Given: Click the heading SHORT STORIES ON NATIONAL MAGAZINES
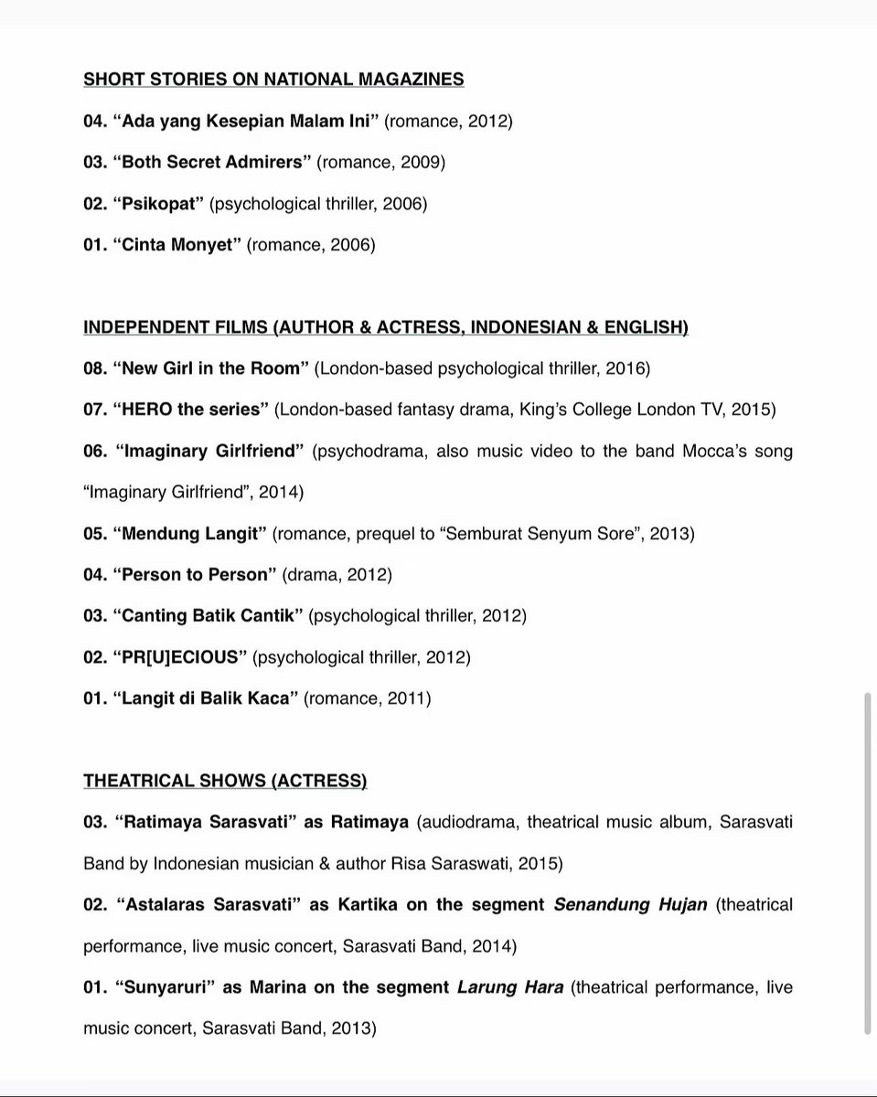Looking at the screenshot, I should click(273, 80).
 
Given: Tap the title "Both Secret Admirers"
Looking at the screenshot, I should click(212, 162).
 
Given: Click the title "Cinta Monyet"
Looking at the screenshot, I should click(176, 245).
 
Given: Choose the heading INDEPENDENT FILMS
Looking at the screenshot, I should click(385, 327).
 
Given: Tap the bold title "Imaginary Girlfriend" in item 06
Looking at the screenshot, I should click(209, 451).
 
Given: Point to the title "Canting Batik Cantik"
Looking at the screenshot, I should click(208, 616).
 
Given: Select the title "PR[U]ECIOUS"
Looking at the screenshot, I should click(179, 657).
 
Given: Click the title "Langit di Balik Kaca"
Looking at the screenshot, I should click(206, 698).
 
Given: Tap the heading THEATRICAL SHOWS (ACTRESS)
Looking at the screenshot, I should click(225, 781).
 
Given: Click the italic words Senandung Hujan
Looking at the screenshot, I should click(630, 905).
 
